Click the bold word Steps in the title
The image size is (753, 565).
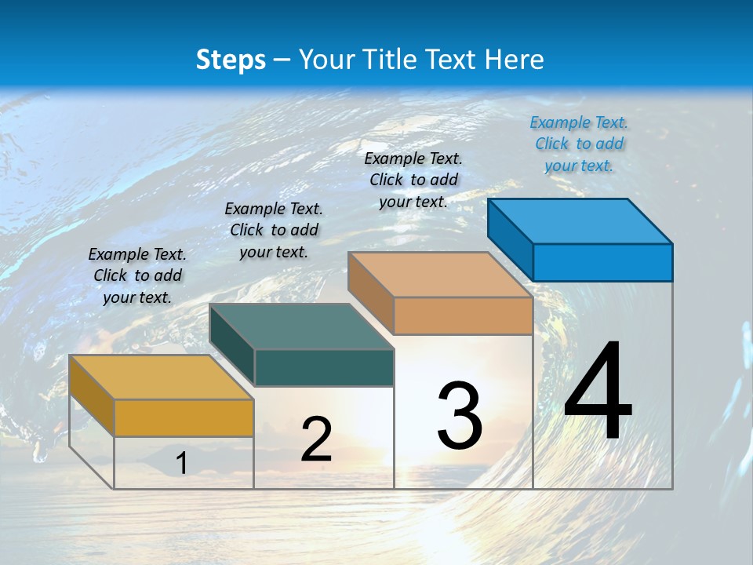(x=231, y=60)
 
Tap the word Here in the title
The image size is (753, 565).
(x=515, y=60)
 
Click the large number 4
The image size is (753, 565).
(x=598, y=392)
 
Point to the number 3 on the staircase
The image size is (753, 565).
(x=460, y=415)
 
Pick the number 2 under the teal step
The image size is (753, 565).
(x=316, y=439)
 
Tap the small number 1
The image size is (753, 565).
(x=181, y=464)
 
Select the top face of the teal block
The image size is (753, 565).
(x=302, y=326)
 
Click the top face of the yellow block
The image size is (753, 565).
(x=162, y=377)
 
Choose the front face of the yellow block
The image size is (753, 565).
(x=184, y=417)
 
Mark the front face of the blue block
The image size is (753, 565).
(x=602, y=262)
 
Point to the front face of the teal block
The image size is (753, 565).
(x=324, y=367)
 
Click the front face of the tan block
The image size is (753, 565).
(x=463, y=315)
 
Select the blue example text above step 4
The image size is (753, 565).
(x=579, y=144)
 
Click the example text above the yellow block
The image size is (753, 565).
(x=137, y=275)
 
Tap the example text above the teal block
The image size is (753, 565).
(x=274, y=230)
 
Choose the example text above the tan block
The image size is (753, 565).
(x=413, y=180)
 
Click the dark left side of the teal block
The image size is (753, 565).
(x=232, y=345)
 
